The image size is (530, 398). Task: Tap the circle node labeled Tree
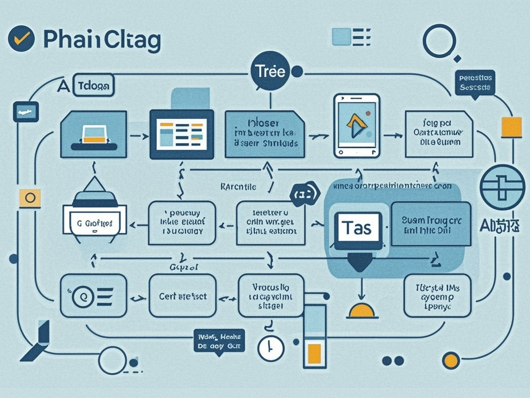click(x=270, y=72)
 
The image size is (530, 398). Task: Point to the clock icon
click(x=271, y=348)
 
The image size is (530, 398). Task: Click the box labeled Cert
click(x=182, y=296)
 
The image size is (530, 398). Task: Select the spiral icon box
click(x=93, y=296)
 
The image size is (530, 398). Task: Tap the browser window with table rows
click(x=182, y=134)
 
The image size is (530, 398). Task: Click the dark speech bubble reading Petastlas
click(x=475, y=83)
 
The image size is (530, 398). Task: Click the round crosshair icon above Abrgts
click(x=502, y=188)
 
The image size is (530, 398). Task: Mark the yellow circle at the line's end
click(x=451, y=360)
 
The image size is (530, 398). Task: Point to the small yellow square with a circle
click(x=30, y=198)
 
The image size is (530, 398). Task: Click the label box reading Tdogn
click(x=94, y=87)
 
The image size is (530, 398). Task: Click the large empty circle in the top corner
click(x=439, y=40)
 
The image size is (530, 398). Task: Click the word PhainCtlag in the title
click(x=102, y=41)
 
